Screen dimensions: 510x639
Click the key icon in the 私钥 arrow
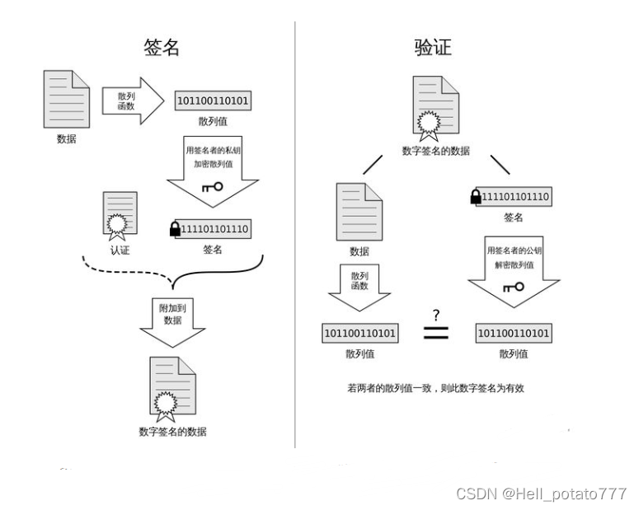pyautogui.click(x=212, y=187)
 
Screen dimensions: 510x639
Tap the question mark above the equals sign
pyautogui.click(x=435, y=313)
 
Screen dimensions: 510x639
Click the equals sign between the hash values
pyautogui.click(x=435, y=334)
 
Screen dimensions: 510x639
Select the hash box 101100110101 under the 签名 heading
pyautogui.click(x=213, y=101)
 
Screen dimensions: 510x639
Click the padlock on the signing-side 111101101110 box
pyautogui.click(x=175, y=229)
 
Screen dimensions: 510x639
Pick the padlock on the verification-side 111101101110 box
pyautogui.click(x=476, y=197)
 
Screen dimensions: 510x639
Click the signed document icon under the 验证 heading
pyautogui.click(x=436, y=108)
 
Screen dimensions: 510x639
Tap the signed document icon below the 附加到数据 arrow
pyautogui.click(x=172, y=389)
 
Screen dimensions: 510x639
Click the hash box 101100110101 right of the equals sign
pyautogui.click(x=514, y=334)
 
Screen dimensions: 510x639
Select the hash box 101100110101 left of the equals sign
pyautogui.click(x=359, y=334)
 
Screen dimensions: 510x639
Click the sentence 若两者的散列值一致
pyautogui.click(x=435, y=386)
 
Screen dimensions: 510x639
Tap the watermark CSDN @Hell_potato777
pyautogui.click(x=541, y=493)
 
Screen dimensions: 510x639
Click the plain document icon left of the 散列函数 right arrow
pyautogui.click(x=67, y=98)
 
